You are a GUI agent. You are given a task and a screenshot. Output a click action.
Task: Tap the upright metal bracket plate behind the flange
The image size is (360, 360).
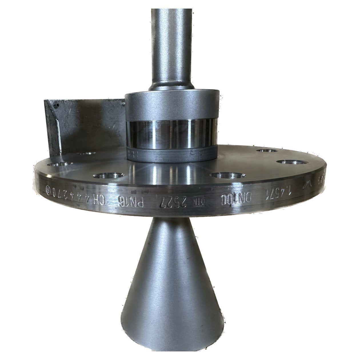pos(86,126)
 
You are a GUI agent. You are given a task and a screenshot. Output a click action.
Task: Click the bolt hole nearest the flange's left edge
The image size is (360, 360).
pos(61,165)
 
